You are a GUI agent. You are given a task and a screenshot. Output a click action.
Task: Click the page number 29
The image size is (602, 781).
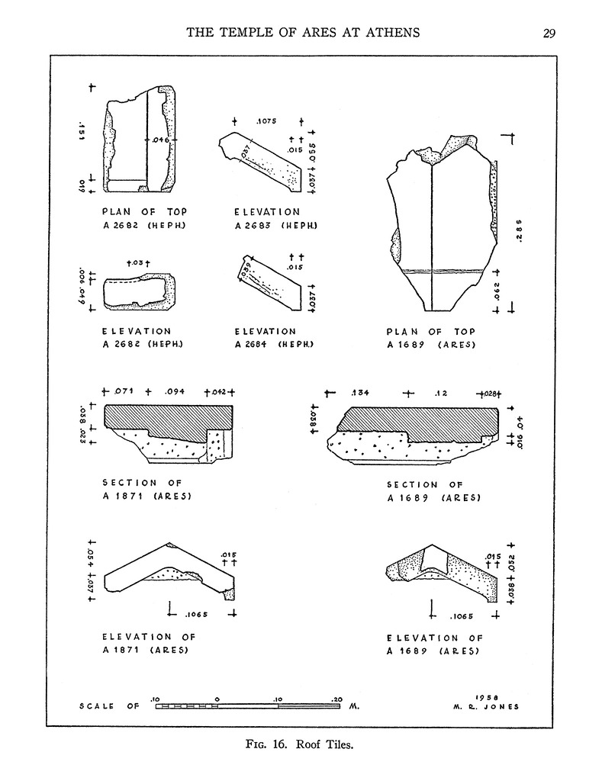pos(550,32)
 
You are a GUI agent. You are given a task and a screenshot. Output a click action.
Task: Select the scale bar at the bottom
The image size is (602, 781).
pos(248,706)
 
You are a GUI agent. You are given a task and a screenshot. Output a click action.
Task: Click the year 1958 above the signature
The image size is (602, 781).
pos(487,696)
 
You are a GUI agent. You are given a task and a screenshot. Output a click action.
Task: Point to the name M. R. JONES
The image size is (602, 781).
pos(485,707)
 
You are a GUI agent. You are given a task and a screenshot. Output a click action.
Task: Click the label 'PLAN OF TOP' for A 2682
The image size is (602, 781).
pos(144,211)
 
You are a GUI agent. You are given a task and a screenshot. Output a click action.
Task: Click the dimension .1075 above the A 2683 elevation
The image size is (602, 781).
pos(266,121)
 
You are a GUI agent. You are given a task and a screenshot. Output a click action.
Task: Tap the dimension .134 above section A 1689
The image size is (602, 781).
pos(360,394)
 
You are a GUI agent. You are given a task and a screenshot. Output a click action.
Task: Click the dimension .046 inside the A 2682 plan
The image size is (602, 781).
pos(159,140)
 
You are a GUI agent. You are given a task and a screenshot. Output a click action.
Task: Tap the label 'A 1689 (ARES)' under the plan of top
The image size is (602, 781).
pos(433,346)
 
